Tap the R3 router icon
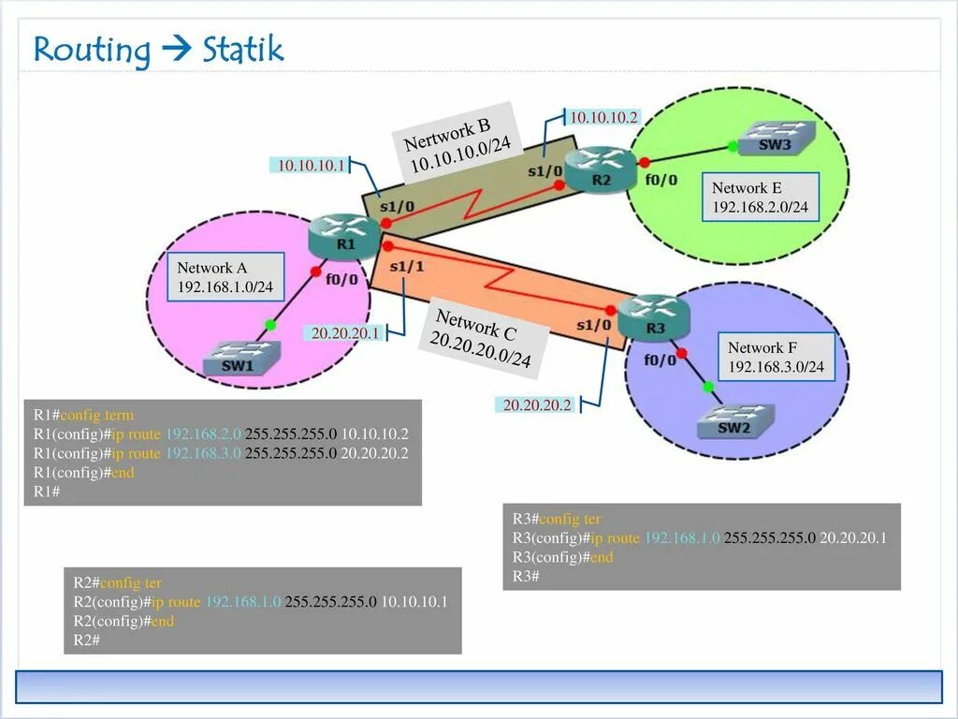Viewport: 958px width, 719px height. pyautogui.click(x=654, y=315)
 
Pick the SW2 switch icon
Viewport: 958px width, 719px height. pyautogui.click(x=735, y=422)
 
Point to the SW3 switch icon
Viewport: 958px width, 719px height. pyautogui.click(x=775, y=139)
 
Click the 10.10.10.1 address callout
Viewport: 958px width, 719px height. pyautogui.click(x=310, y=166)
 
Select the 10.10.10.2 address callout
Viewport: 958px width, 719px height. pyautogui.click(x=603, y=117)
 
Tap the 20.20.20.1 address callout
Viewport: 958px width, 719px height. pyautogui.click(x=344, y=332)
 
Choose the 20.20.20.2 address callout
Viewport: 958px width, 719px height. pyautogui.click(x=536, y=405)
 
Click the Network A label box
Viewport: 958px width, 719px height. pyautogui.click(x=225, y=277)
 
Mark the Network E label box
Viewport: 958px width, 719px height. pyautogui.click(x=760, y=197)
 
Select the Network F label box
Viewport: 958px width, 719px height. pyautogui.click(x=776, y=357)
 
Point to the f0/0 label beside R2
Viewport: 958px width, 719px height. pyautogui.click(x=661, y=179)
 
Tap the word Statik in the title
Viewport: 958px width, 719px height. pyautogui.click(x=242, y=50)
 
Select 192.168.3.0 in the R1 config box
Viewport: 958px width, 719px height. pyautogui.click(x=203, y=453)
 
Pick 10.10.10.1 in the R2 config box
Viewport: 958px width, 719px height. pyautogui.click(x=414, y=602)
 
